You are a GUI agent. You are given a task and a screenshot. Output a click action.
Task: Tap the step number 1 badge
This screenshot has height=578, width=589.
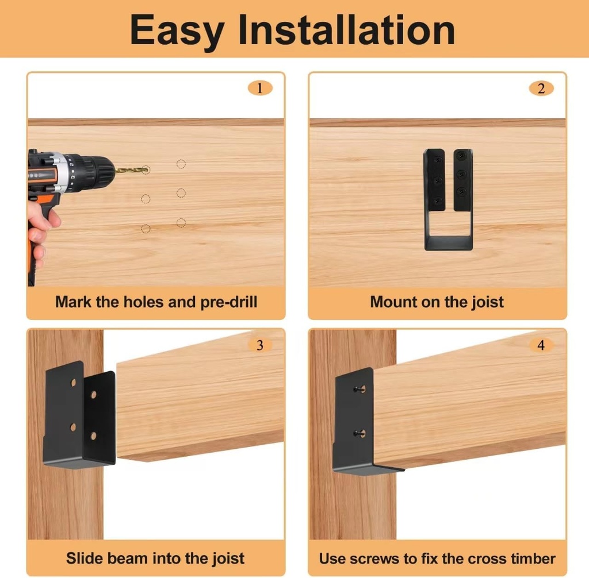[x=260, y=88]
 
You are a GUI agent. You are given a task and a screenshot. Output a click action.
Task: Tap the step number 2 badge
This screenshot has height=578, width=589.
[x=541, y=88]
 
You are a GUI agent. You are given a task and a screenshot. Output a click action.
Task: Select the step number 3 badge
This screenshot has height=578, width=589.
[x=260, y=345]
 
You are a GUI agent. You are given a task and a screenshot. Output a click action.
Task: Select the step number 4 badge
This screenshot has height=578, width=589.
[x=541, y=345]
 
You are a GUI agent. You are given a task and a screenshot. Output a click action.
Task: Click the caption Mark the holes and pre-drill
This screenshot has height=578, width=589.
[x=156, y=302]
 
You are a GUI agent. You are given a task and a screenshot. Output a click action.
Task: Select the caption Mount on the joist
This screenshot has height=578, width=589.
[x=437, y=302]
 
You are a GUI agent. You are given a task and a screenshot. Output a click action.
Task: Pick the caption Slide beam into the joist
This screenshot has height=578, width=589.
[x=155, y=558]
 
